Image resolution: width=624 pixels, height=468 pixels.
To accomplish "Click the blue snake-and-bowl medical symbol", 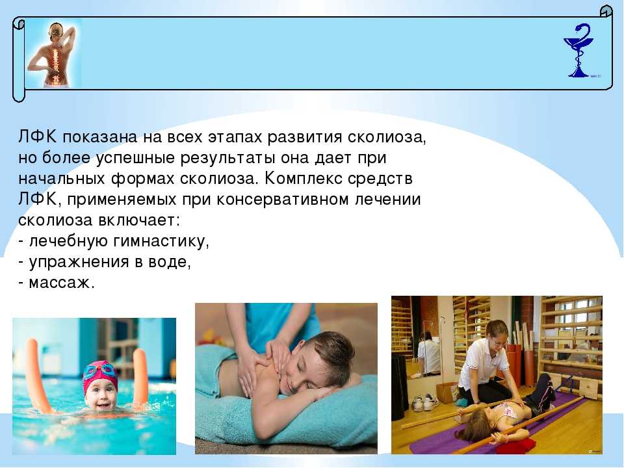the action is point(578,50).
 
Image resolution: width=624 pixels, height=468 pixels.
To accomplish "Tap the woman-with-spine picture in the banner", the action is point(53,54).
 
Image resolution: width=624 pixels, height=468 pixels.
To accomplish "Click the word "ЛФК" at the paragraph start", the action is point(38,137).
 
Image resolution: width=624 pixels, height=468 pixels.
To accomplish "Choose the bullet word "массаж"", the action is point(61,283).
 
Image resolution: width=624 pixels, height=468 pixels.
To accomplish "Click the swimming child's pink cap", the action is point(100,375).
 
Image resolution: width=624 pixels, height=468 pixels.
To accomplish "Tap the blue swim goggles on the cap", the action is point(99,372).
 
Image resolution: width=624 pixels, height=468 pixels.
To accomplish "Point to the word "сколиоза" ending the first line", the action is point(387,137).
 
